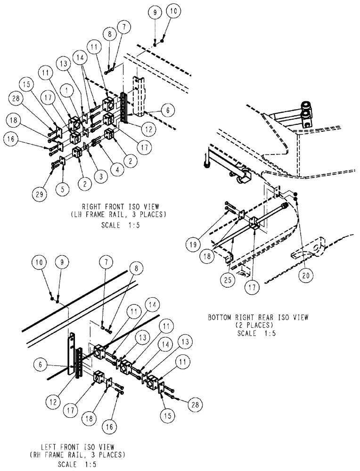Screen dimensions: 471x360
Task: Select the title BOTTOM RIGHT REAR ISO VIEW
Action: point(258,317)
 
